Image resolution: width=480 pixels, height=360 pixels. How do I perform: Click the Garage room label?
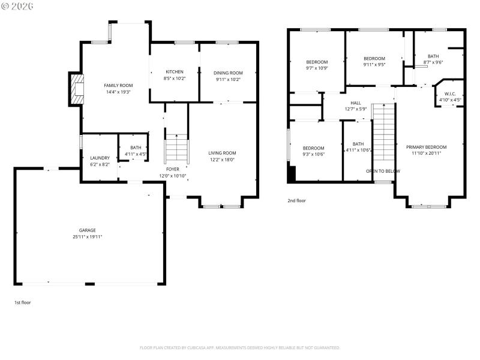click(88, 230)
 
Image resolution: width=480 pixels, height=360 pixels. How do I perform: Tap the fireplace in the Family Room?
click(76, 89)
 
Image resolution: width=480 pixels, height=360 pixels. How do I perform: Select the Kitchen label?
click(174, 72)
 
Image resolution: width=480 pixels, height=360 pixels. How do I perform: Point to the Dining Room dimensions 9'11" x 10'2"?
click(229, 79)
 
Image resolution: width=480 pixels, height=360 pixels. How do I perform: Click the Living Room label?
click(222, 152)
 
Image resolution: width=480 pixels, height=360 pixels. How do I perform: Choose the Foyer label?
click(173, 169)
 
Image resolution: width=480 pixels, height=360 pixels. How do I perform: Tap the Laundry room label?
click(100, 158)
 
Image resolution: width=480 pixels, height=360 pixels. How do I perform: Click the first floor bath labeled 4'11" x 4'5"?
click(136, 151)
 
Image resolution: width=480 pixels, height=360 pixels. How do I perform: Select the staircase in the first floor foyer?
click(177, 149)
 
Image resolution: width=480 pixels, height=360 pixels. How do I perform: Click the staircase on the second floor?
click(382, 132)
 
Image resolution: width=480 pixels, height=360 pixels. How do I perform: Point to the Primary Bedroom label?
click(426, 147)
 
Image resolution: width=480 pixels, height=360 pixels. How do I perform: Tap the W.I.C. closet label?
click(450, 94)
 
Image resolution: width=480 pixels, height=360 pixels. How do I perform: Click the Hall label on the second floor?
click(356, 103)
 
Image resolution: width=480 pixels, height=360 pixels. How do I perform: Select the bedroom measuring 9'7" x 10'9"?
click(317, 62)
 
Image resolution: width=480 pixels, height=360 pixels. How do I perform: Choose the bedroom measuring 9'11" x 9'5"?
click(374, 58)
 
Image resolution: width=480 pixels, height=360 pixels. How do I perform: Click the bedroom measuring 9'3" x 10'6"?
click(313, 148)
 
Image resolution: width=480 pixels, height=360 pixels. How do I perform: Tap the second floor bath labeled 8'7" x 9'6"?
click(433, 56)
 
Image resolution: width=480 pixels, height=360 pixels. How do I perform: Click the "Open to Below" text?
click(383, 171)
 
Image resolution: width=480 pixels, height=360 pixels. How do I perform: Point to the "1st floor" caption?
click(22, 302)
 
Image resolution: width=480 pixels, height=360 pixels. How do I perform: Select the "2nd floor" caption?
click(296, 200)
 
